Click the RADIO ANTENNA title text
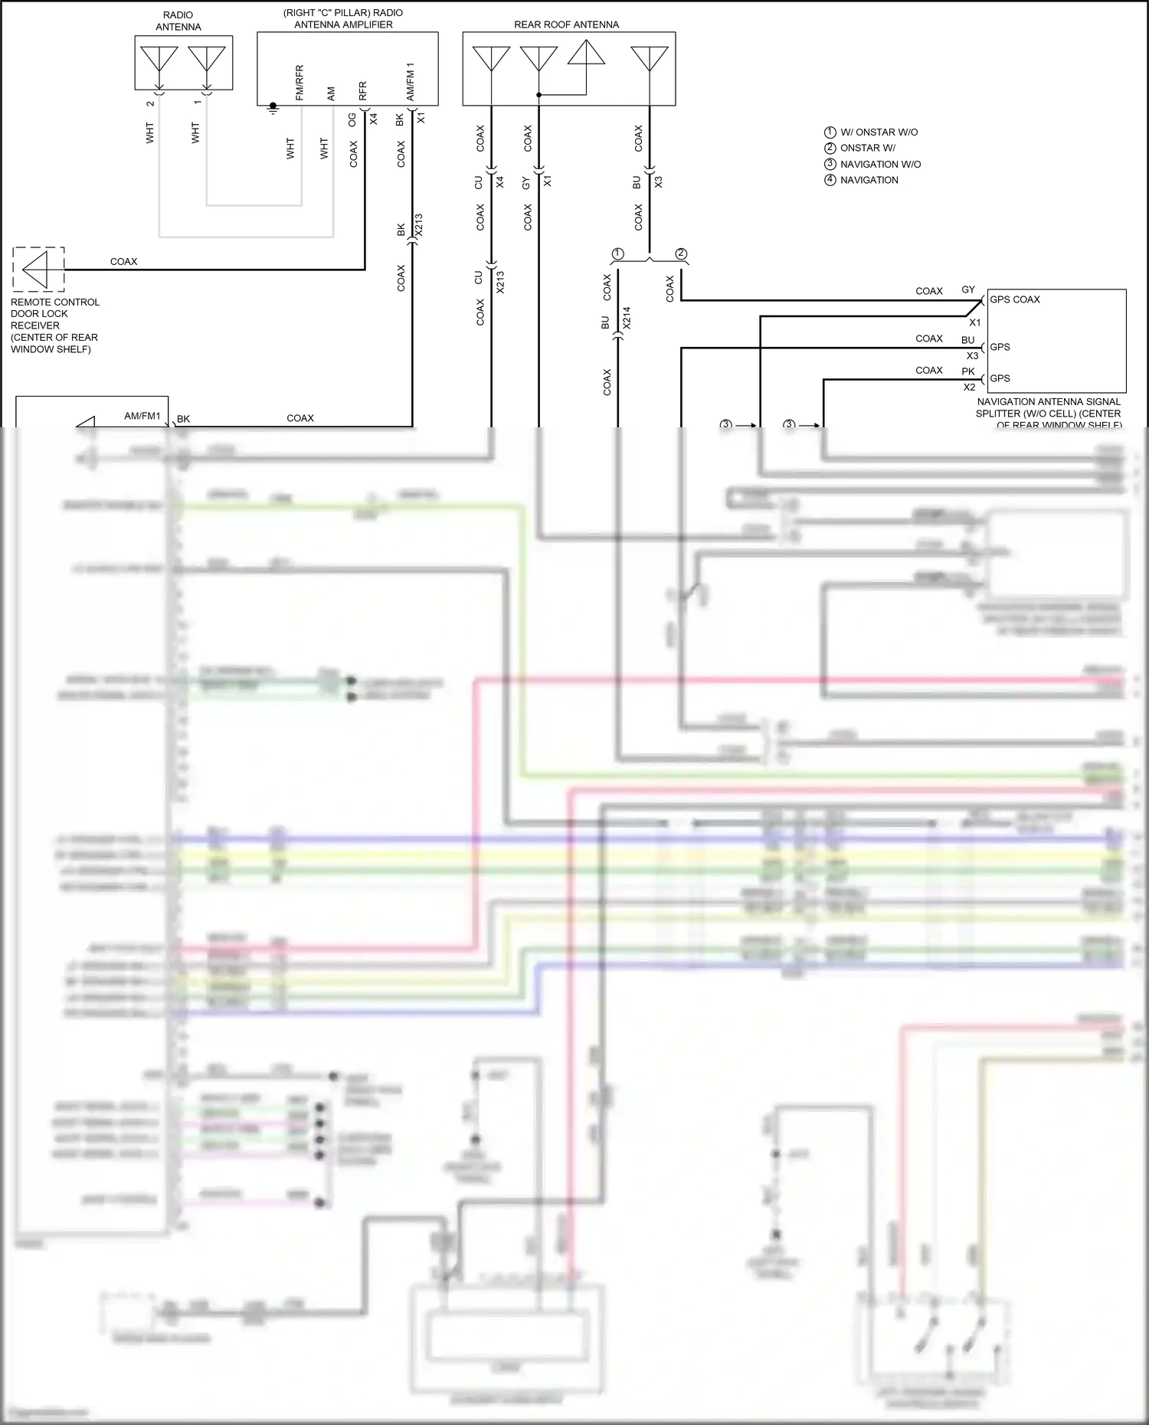(x=178, y=21)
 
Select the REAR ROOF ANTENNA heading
(x=566, y=25)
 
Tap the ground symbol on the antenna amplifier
(x=273, y=107)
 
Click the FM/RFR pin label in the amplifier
(x=300, y=83)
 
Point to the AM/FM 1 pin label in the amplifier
(x=411, y=81)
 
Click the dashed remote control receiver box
(x=38, y=269)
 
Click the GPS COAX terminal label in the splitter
(x=1014, y=299)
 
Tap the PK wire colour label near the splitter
(x=968, y=371)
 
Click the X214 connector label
(x=626, y=318)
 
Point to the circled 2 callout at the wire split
(x=681, y=254)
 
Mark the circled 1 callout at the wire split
(x=618, y=254)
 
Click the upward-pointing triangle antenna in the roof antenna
(x=586, y=53)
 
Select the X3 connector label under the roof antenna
(x=658, y=181)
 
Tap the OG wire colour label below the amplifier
(x=352, y=119)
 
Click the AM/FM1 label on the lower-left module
(x=142, y=417)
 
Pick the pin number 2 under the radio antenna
(x=150, y=103)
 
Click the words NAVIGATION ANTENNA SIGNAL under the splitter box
(x=1048, y=402)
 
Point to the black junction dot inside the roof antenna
(x=538, y=95)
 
